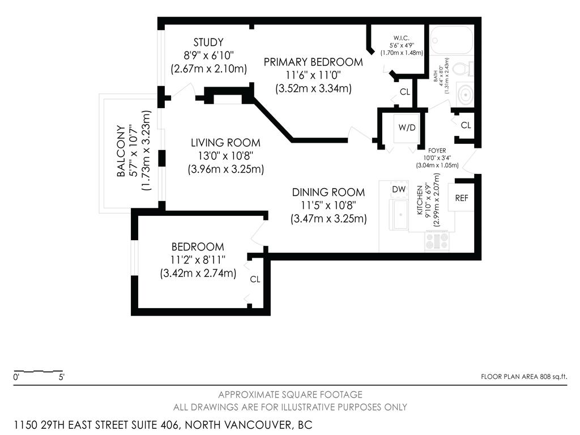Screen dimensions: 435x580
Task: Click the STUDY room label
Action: click(208, 42)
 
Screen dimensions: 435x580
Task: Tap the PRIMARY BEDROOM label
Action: click(313, 62)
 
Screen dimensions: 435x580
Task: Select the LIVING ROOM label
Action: click(225, 143)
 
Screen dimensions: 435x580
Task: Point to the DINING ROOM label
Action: click(329, 193)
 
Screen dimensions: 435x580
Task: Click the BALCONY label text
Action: click(121, 151)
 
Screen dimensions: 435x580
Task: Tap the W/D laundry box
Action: click(407, 127)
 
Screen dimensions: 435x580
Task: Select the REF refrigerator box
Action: click(462, 198)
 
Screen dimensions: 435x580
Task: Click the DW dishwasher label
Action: click(399, 189)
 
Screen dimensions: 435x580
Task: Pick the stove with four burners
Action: click(437, 242)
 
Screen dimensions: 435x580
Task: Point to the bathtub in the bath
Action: click(451, 39)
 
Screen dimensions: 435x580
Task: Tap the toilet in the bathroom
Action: click(463, 69)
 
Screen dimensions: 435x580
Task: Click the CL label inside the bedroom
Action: click(255, 279)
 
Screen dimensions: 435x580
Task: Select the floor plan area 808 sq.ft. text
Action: click(523, 376)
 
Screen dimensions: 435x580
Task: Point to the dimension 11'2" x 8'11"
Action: click(198, 260)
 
